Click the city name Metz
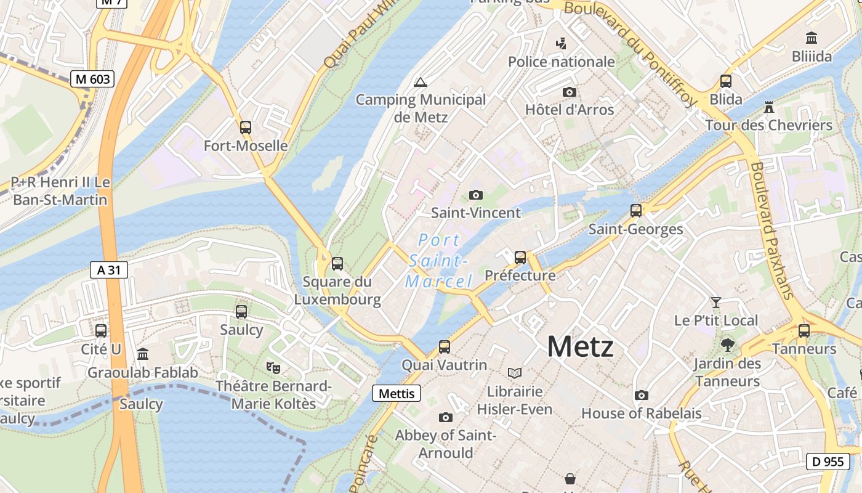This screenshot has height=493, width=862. click(580, 346)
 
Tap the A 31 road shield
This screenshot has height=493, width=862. click(108, 269)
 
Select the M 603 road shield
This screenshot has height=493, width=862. click(92, 79)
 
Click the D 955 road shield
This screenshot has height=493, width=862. click(828, 461)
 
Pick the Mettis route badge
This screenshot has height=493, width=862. click(397, 393)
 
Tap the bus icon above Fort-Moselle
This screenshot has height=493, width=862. click(246, 128)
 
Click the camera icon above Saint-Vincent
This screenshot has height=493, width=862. click(475, 195)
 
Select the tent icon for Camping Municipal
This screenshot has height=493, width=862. click(421, 82)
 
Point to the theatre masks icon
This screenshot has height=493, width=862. click(273, 368)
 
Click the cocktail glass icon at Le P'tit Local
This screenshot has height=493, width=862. click(715, 302)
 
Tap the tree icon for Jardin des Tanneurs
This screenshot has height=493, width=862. click(727, 345)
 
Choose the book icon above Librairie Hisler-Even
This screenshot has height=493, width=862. click(514, 373)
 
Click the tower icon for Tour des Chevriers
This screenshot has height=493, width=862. click(768, 107)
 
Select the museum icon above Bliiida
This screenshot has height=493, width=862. click(812, 38)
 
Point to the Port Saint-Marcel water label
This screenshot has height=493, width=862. click(438, 261)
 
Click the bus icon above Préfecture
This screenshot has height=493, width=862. click(520, 257)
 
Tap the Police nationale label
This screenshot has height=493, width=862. click(561, 62)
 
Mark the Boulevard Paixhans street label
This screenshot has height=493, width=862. click(771, 230)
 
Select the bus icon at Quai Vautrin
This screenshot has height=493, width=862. click(445, 347)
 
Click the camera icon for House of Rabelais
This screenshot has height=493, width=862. click(642, 395)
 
